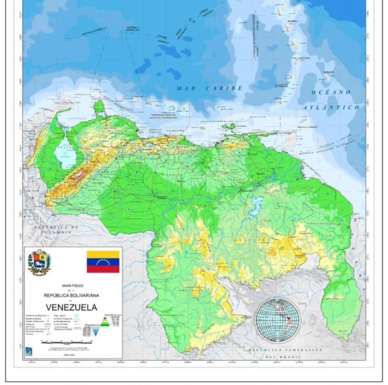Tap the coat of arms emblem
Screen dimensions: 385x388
(40, 262)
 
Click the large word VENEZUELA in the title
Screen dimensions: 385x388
(71, 307)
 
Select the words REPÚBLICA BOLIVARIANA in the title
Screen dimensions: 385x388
(72, 295)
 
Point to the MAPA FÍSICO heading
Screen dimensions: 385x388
(71, 285)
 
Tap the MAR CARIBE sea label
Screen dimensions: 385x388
(209, 88)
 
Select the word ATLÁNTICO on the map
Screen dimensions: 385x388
(331, 107)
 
